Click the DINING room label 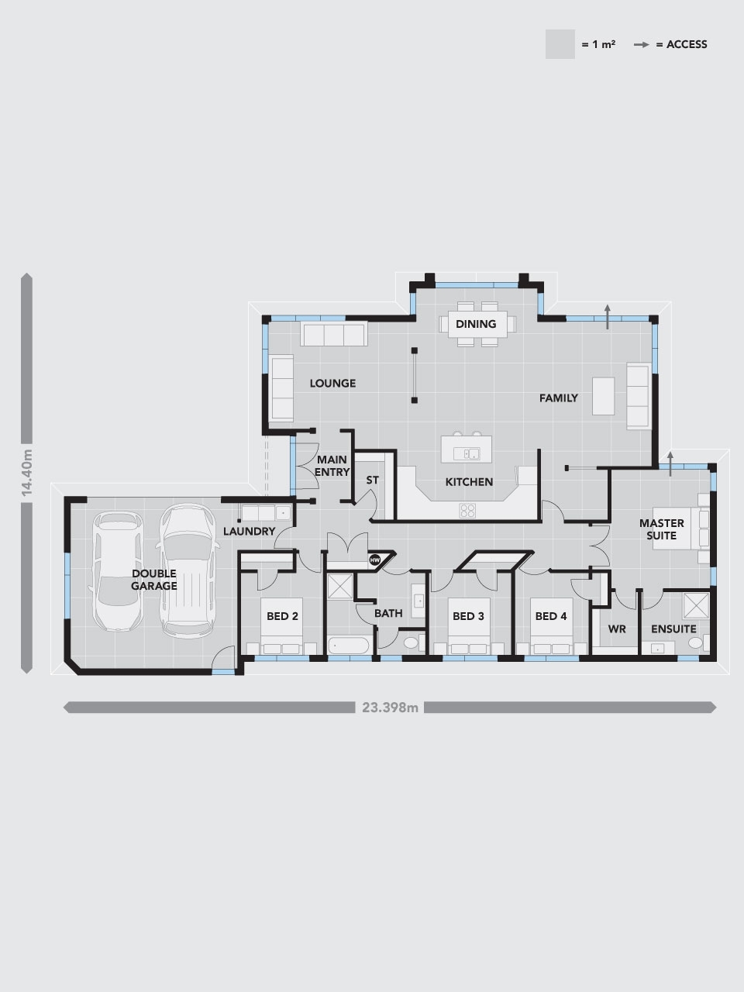(476, 324)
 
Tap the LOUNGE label (332, 384)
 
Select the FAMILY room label (558, 398)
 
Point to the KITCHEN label (469, 482)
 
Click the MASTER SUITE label (661, 529)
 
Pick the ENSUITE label (673, 629)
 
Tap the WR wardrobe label (617, 629)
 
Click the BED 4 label (551, 616)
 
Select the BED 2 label (282, 616)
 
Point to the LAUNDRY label (249, 532)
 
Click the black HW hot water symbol (375, 560)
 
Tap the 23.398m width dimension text (390, 708)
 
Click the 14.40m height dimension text (26, 472)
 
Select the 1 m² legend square (560, 44)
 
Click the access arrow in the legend (642, 45)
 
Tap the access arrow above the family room (608, 317)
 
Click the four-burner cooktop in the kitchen (467, 511)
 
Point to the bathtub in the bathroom (348, 646)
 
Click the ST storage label (372, 480)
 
